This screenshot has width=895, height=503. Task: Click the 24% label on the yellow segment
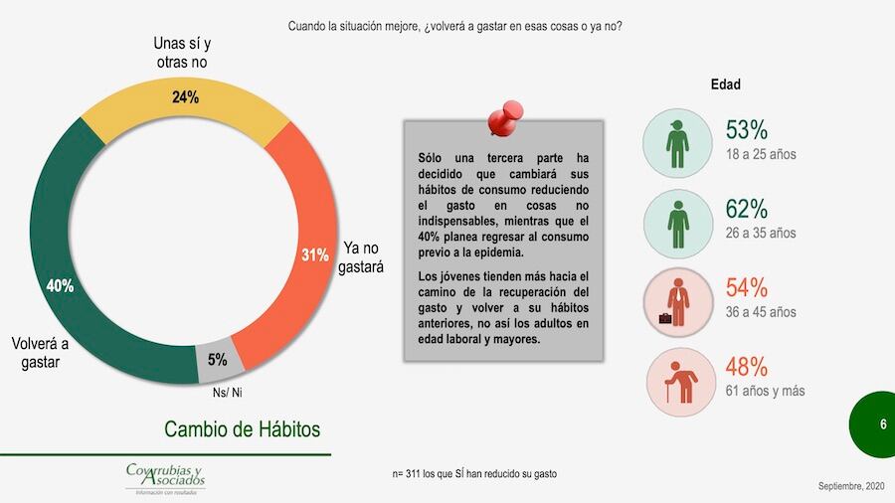(x=186, y=97)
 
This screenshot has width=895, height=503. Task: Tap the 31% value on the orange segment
(x=315, y=254)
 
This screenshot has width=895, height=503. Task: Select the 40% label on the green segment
(x=60, y=286)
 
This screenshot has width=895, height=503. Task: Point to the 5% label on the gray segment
(x=217, y=360)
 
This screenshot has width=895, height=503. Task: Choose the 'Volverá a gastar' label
(x=41, y=353)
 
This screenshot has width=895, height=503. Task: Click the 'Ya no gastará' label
(x=363, y=257)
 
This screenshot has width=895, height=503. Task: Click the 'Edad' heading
(x=725, y=84)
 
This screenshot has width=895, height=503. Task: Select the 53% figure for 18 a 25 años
(x=747, y=130)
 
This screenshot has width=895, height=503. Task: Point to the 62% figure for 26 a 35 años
(x=747, y=209)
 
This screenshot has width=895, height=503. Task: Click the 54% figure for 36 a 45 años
(x=747, y=288)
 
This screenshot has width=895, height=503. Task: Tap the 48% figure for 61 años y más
(x=747, y=366)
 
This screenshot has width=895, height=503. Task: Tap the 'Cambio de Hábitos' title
(x=243, y=429)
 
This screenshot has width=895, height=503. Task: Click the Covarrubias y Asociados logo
(x=165, y=478)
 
